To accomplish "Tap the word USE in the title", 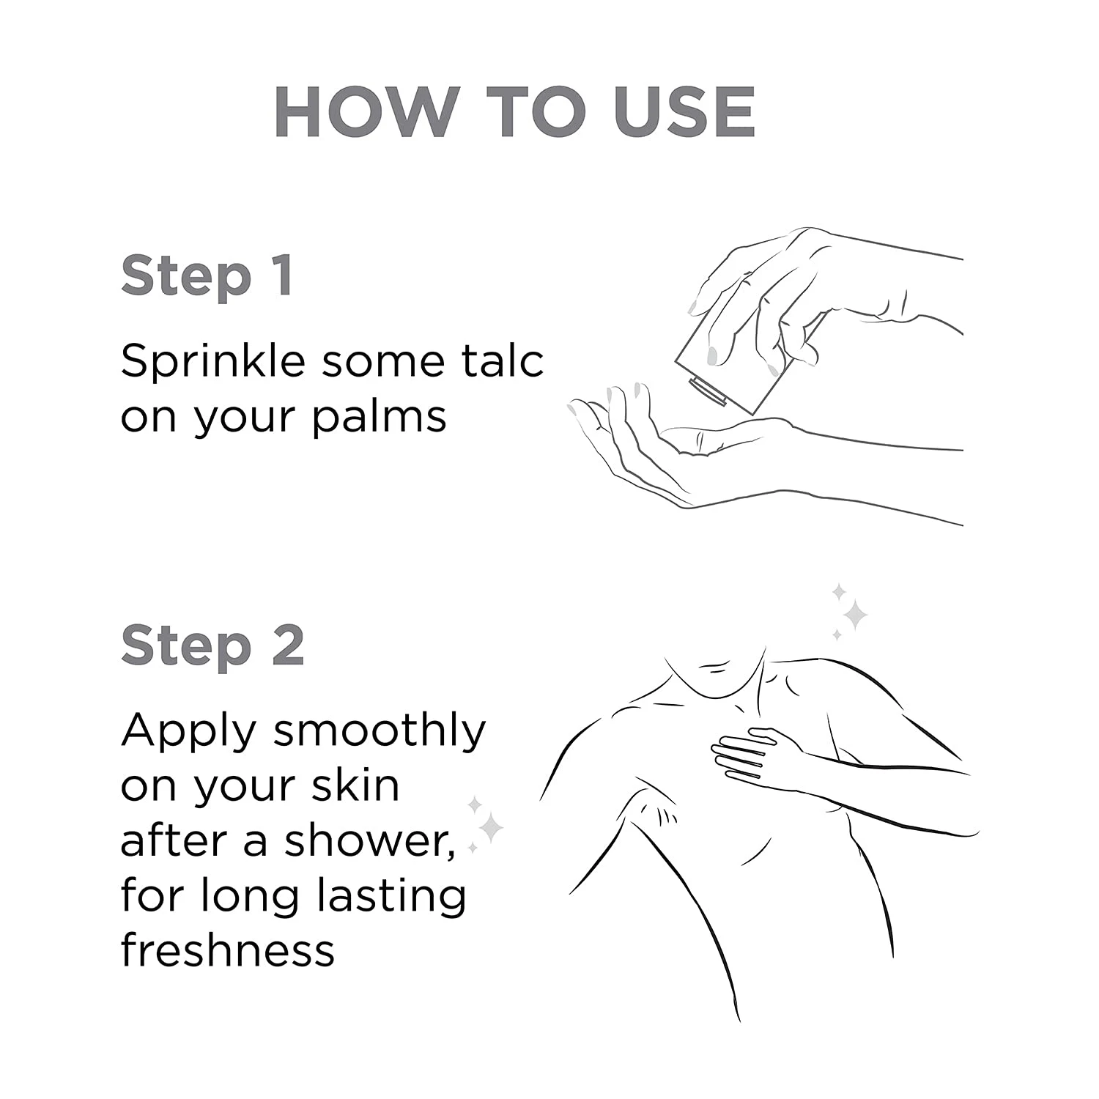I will click(684, 112).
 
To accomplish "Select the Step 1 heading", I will click(207, 276).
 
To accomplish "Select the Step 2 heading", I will click(212, 645).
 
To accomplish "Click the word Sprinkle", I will click(212, 363).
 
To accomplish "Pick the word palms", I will click(379, 418).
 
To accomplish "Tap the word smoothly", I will click(380, 732).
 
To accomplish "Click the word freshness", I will click(227, 950).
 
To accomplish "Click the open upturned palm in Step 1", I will click(659, 447).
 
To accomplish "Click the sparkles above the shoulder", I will click(850, 613).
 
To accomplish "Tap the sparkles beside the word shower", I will click(485, 826).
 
